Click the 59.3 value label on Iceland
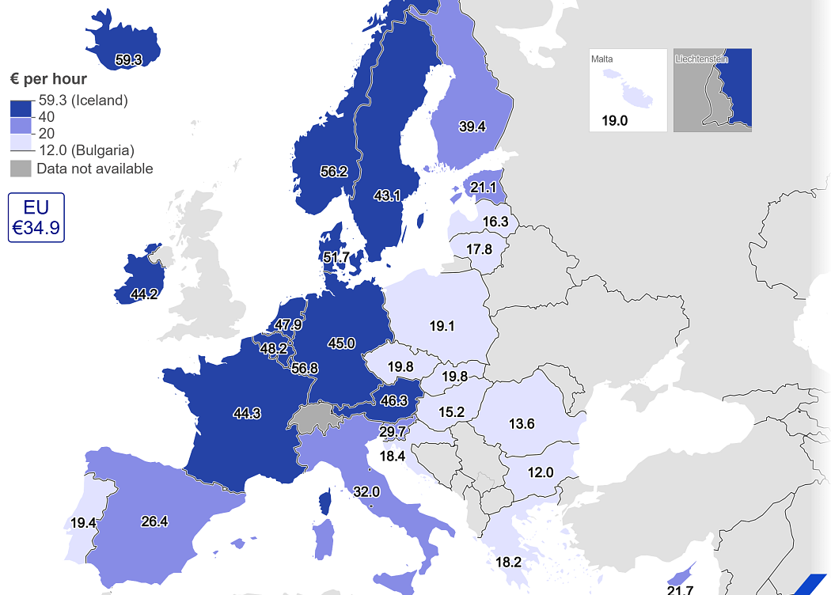[x=128, y=59]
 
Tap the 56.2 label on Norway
[x=333, y=171]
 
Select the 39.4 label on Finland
[x=472, y=126]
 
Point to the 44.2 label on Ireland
[x=144, y=294]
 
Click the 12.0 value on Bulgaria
[x=541, y=472]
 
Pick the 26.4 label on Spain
[x=154, y=521]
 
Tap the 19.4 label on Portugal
[x=83, y=523]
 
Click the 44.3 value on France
[x=247, y=412]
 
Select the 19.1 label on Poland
[x=441, y=324]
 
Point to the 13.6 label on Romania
[x=522, y=424]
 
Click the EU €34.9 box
[x=36, y=218]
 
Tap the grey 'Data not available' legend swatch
[x=21, y=169]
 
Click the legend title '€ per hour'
[x=48, y=79]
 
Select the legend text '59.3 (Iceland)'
[x=83, y=100]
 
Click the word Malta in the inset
[x=601, y=59]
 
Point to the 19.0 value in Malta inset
[x=614, y=121]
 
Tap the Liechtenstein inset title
[x=700, y=59]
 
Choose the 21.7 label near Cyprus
[x=680, y=589]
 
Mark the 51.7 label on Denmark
[x=336, y=257]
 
